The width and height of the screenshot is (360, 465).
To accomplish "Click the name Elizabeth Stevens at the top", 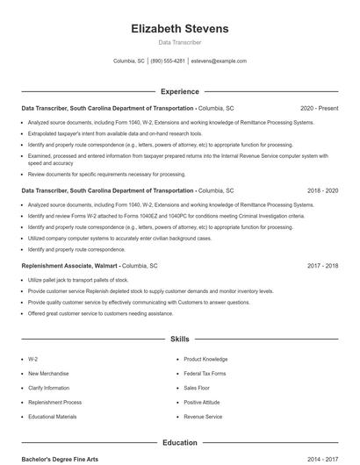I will (179, 29).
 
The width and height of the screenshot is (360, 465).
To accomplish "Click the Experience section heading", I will (179, 91).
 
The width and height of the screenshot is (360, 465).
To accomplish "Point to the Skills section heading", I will (179, 338).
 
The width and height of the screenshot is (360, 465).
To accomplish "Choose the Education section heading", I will (179, 443).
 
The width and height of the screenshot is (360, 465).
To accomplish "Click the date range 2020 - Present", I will (319, 109).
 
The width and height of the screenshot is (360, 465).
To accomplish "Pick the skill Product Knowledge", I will (205, 359).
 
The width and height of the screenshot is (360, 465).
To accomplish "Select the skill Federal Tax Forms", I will (205, 373).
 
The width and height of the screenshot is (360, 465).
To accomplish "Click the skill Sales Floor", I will (197, 388).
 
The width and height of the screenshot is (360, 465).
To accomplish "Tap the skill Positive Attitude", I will (201, 402).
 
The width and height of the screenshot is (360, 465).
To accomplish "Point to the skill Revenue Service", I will (203, 417).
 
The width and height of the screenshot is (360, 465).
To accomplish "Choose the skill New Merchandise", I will (47, 373).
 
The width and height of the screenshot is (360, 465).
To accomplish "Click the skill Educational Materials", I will (53, 417).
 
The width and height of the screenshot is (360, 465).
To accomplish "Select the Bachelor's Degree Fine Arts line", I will (59, 459).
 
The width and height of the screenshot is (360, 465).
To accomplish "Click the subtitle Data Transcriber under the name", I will (179, 42).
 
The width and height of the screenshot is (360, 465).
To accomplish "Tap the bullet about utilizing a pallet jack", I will (78, 281).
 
